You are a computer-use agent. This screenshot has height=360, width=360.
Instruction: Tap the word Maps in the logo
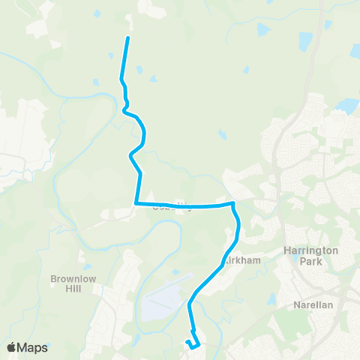34,347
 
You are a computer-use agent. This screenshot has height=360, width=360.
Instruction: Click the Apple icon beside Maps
12,346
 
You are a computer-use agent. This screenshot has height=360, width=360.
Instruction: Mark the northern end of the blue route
128,37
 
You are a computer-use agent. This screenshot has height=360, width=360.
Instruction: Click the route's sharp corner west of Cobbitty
136,202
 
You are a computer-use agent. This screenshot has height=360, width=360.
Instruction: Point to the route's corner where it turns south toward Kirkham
233,203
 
